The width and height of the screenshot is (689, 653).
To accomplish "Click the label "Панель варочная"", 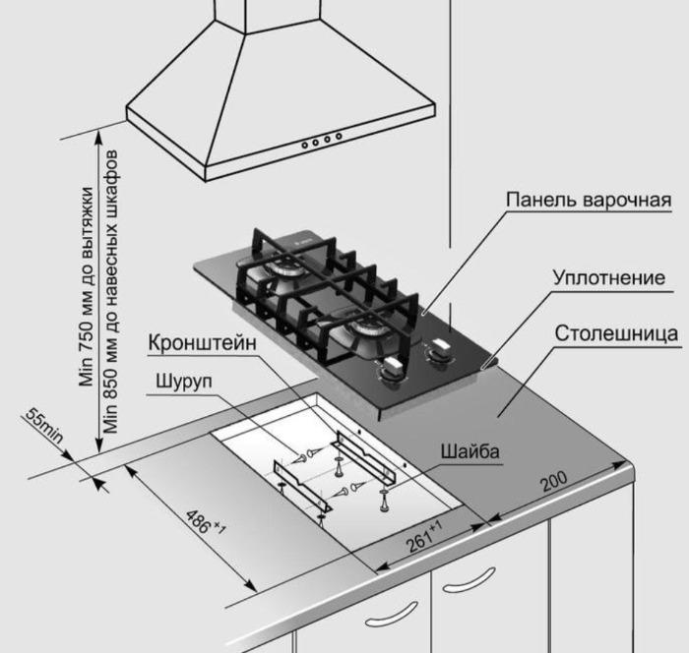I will point(588,201).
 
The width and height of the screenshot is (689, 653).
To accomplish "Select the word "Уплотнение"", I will point(608,278).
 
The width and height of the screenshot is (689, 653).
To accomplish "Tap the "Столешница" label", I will point(616,332).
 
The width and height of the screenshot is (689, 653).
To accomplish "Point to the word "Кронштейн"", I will point(203,343).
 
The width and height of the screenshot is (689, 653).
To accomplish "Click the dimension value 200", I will point(555,484).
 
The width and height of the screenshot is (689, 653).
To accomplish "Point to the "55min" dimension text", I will point(45,429).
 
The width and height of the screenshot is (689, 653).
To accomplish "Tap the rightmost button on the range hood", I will point(339,136).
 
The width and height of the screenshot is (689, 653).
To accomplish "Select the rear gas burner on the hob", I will point(285,269).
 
